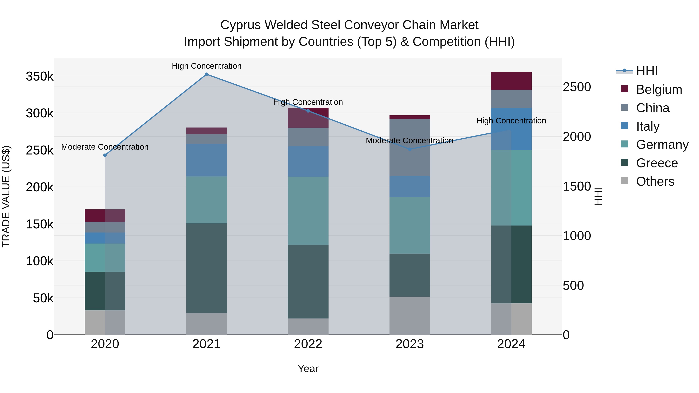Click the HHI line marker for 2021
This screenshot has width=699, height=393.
pos(207,74)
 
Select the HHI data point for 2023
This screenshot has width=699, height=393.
pos(410,149)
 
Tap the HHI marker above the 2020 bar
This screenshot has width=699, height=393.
pos(105,155)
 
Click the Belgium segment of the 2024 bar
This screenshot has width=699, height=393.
pos(511,81)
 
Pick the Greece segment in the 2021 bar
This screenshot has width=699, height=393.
pos(207,268)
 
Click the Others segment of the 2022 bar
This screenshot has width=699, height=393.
pos(308,327)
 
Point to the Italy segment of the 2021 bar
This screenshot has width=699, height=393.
pos(207,160)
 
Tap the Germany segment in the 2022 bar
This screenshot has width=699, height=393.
pos(308,211)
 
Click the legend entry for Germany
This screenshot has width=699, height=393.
pos(662,145)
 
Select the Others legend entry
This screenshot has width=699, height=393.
pos(655,181)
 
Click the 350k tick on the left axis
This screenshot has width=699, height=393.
pos(40,76)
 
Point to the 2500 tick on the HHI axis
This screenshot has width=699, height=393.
pos(577,87)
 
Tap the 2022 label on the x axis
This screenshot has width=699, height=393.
pos(308,344)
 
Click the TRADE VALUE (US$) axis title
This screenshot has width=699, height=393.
pos(6,196)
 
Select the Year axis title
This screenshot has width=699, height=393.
pos(308,369)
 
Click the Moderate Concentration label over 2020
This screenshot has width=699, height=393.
pos(105,147)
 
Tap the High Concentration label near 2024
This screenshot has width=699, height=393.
pos(511,121)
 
